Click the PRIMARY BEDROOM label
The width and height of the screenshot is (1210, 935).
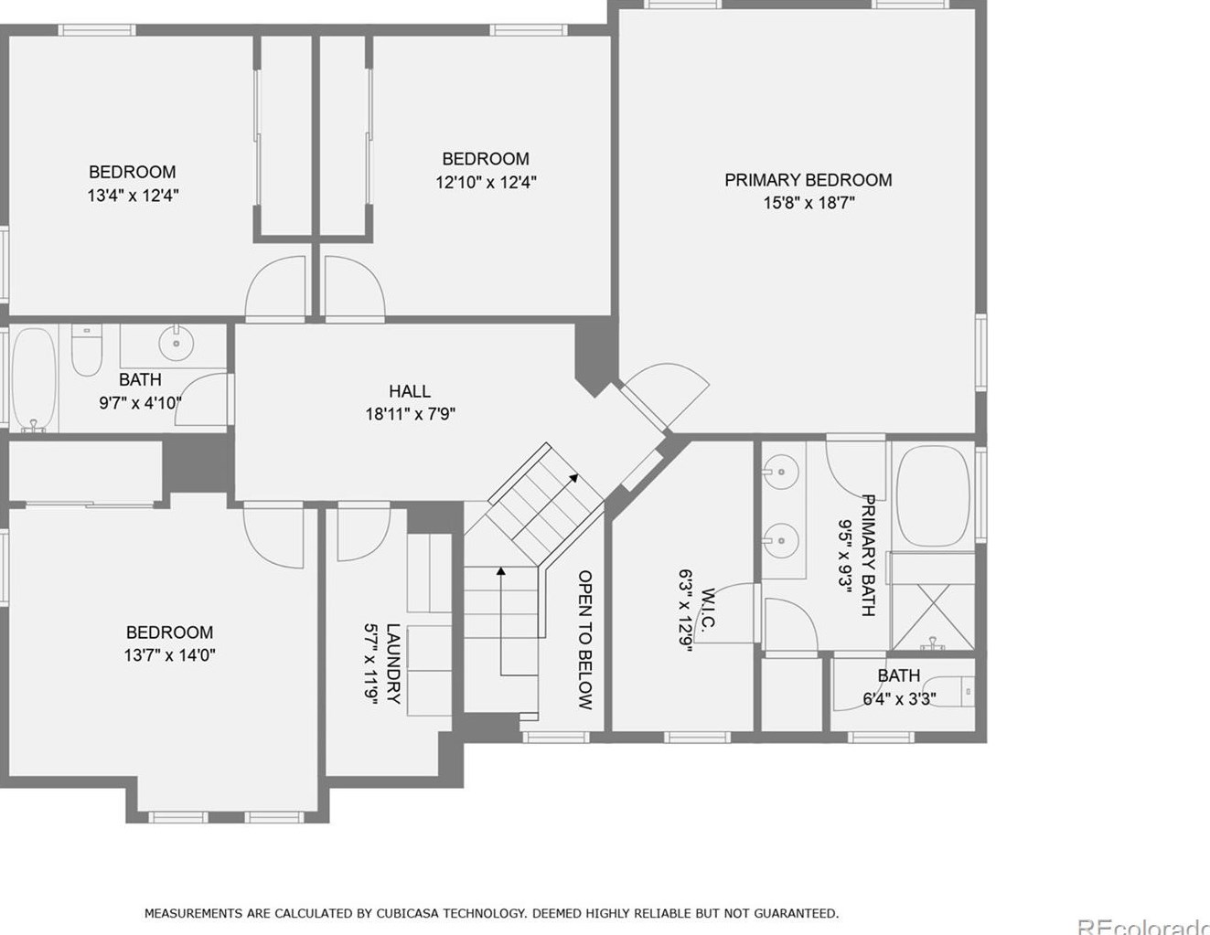808,180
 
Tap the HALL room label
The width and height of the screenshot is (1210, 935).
409,391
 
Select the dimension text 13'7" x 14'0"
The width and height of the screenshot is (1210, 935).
170,655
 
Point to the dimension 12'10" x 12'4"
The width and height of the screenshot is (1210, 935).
486,182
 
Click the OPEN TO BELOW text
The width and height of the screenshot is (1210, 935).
585,640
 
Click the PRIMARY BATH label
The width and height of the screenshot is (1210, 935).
868,555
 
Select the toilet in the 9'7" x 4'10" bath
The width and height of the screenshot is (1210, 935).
87,351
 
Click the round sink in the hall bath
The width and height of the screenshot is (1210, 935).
176,344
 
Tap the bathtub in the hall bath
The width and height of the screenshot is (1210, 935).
34,379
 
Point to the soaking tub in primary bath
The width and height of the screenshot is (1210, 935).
932,496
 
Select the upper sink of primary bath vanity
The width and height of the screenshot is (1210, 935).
781,472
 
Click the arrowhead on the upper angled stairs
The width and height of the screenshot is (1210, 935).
573,476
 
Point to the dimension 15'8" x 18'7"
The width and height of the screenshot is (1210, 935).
808,203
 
